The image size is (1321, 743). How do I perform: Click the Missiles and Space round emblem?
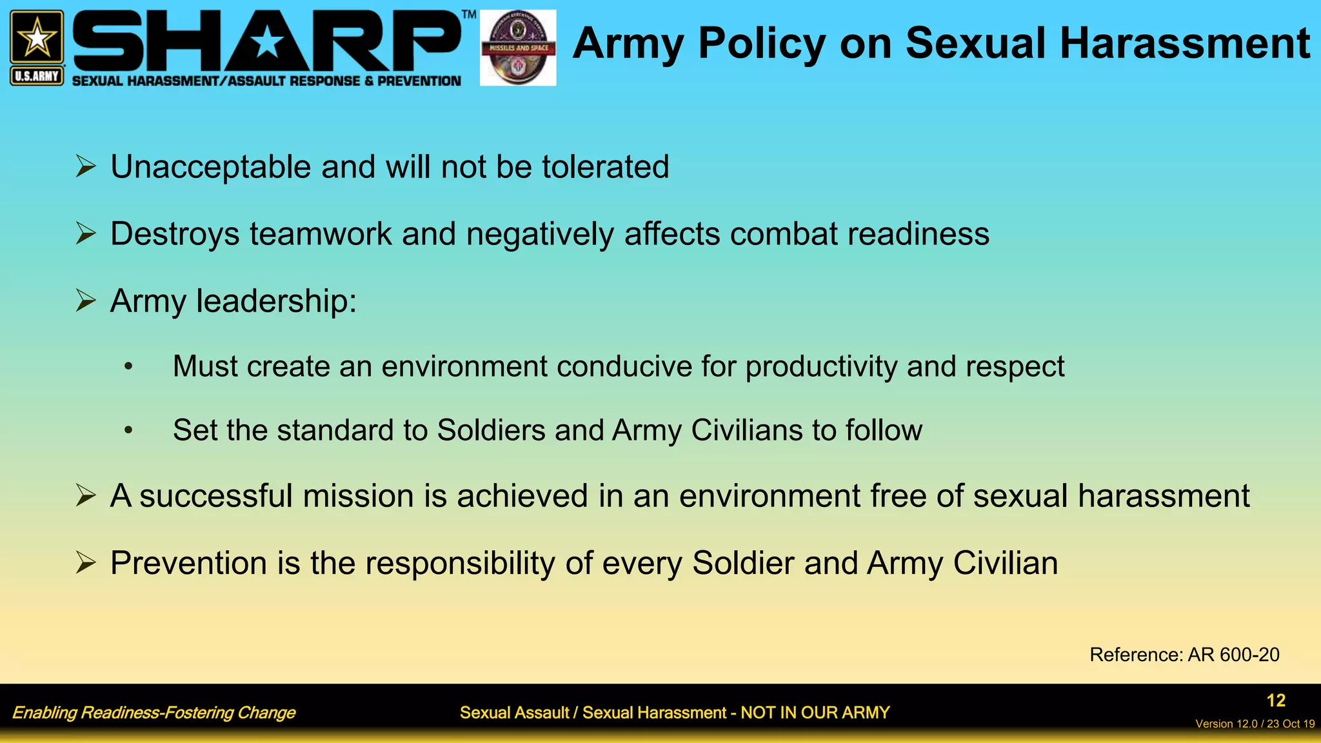point(518,48)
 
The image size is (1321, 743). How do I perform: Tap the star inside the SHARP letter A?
point(267,43)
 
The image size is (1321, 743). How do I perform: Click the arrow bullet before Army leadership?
point(86,301)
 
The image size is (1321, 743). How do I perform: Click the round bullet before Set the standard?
point(128,430)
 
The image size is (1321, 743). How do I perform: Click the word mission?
point(358,496)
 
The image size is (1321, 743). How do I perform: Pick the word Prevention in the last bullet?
point(188,563)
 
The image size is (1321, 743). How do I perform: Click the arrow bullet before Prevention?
point(86,563)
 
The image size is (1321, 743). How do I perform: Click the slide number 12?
point(1276,700)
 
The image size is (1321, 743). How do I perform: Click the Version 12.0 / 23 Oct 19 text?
point(1255,724)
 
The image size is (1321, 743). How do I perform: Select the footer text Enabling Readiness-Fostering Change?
point(154,713)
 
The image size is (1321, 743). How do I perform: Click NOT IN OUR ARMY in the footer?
point(815,713)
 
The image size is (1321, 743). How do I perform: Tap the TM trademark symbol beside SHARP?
point(469,14)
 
